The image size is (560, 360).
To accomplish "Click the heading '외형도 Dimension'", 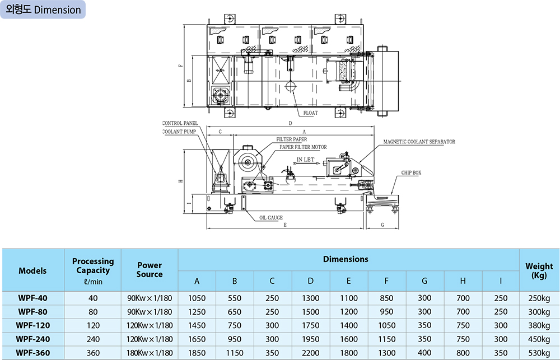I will (x=43, y=10).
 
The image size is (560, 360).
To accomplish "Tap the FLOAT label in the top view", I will (x=310, y=113).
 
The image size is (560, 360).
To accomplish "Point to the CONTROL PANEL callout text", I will (x=180, y=123).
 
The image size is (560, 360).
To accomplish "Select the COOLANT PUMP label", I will (x=179, y=132).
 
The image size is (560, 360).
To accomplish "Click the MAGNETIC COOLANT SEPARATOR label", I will (x=419, y=142).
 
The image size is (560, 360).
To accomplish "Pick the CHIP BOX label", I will (x=411, y=173).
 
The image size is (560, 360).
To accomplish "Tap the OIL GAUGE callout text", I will (x=270, y=217).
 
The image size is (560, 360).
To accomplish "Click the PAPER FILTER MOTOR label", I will (x=303, y=147).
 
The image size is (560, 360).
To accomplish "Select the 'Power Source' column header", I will (x=150, y=269).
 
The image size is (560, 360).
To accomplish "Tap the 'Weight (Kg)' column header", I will (x=539, y=270).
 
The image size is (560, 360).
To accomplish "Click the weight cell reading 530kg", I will (x=539, y=352).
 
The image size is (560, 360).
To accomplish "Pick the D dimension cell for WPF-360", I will (x=311, y=352).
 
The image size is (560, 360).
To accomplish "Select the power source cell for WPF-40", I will (x=150, y=298).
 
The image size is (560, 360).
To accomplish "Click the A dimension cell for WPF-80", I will (x=197, y=312).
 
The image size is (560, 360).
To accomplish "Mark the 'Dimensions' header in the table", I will (x=346, y=259).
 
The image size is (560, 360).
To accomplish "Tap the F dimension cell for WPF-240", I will (x=387, y=339).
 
